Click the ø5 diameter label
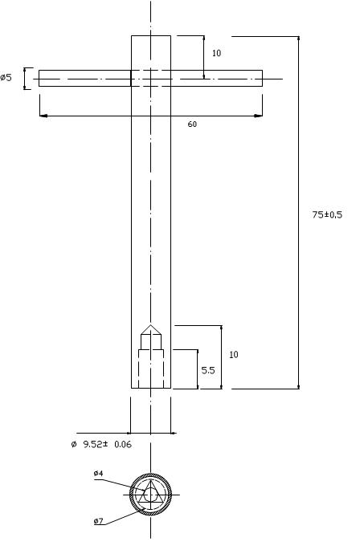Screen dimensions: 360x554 [x=6, y=77]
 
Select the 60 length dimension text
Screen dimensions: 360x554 [x=192, y=124]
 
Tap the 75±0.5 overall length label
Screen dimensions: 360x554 [x=327, y=214]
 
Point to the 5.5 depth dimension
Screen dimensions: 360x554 [x=208, y=370]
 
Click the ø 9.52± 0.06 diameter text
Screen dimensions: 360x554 [x=101, y=444]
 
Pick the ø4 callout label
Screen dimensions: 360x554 [x=98, y=473]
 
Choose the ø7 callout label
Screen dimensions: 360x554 [x=98, y=521]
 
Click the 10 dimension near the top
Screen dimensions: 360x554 [x=216, y=53]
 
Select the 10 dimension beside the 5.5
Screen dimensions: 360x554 [x=234, y=354]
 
